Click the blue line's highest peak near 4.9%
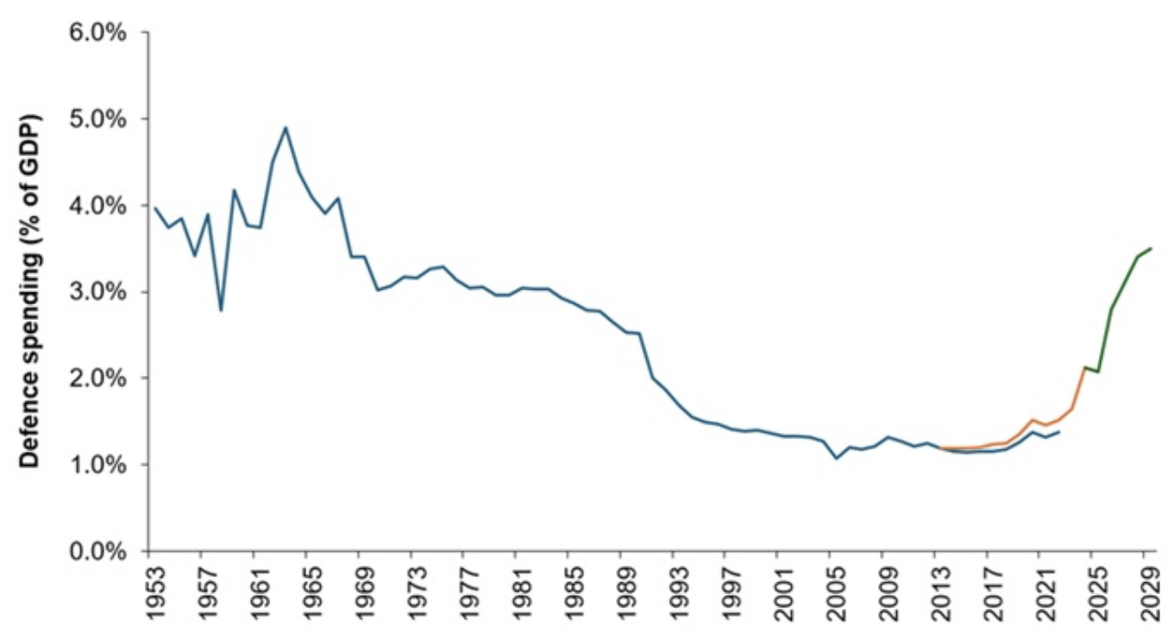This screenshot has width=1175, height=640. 285,127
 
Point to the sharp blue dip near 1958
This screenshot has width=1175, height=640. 220,310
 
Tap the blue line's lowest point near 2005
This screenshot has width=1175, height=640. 836,458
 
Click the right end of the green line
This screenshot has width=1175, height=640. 1151,248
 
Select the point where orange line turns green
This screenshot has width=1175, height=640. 1084,367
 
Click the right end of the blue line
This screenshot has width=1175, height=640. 1060,432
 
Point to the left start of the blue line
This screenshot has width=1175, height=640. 155,208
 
